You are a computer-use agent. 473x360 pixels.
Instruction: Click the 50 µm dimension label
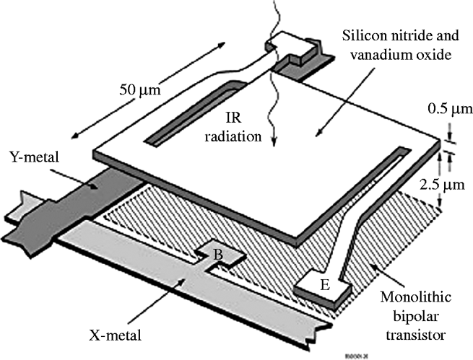[x=139, y=91]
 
